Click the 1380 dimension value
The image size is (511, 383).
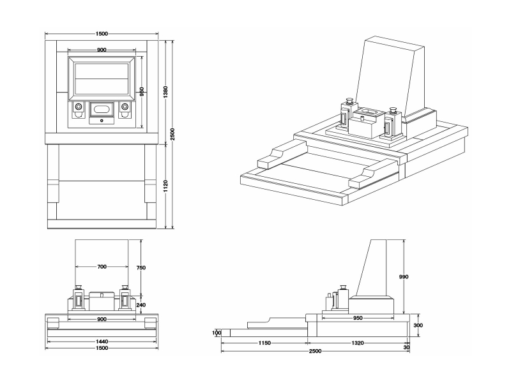pyautogui.click(x=165, y=92)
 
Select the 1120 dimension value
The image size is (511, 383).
pyautogui.click(x=165, y=186)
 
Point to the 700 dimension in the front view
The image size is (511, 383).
pyautogui.click(x=102, y=267)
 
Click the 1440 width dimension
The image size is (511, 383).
pyautogui.click(x=102, y=342)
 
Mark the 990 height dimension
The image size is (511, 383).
pyautogui.click(x=403, y=277)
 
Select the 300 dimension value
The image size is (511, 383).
pyautogui.click(x=418, y=325)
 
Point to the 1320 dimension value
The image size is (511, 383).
pyautogui.click(x=357, y=343)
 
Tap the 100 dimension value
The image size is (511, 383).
pyautogui.click(x=217, y=333)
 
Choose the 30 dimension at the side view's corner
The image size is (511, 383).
pyautogui.click(x=406, y=347)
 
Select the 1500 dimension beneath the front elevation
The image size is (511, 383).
pyautogui.click(x=102, y=348)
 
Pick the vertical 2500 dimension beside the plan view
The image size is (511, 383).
pyautogui.click(x=172, y=134)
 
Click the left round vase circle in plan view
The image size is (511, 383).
pyautogui.click(x=78, y=107)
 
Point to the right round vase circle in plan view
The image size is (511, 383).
pyautogui.click(x=125, y=107)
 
